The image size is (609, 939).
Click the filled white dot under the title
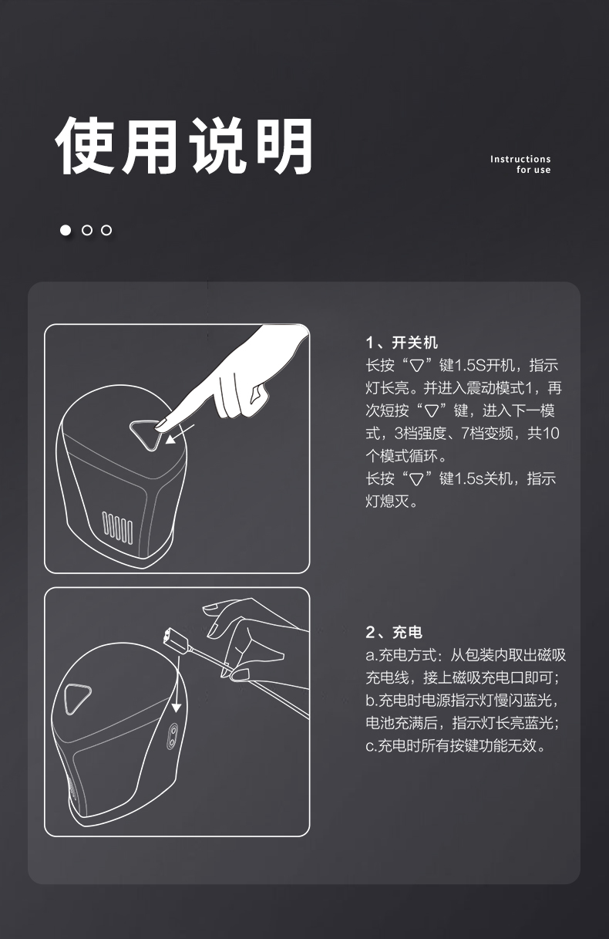point(66,230)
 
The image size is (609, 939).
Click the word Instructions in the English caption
point(520,159)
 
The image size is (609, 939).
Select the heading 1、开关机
point(402,343)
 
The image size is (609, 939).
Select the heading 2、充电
point(394,632)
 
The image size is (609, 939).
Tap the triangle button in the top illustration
point(146,434)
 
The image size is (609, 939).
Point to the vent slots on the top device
point(118,528)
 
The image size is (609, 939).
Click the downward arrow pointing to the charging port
point(177,684)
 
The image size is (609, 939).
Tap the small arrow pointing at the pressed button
point(180,434)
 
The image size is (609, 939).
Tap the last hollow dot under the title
point(106,230)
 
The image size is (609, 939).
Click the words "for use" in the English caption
point(533,170)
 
